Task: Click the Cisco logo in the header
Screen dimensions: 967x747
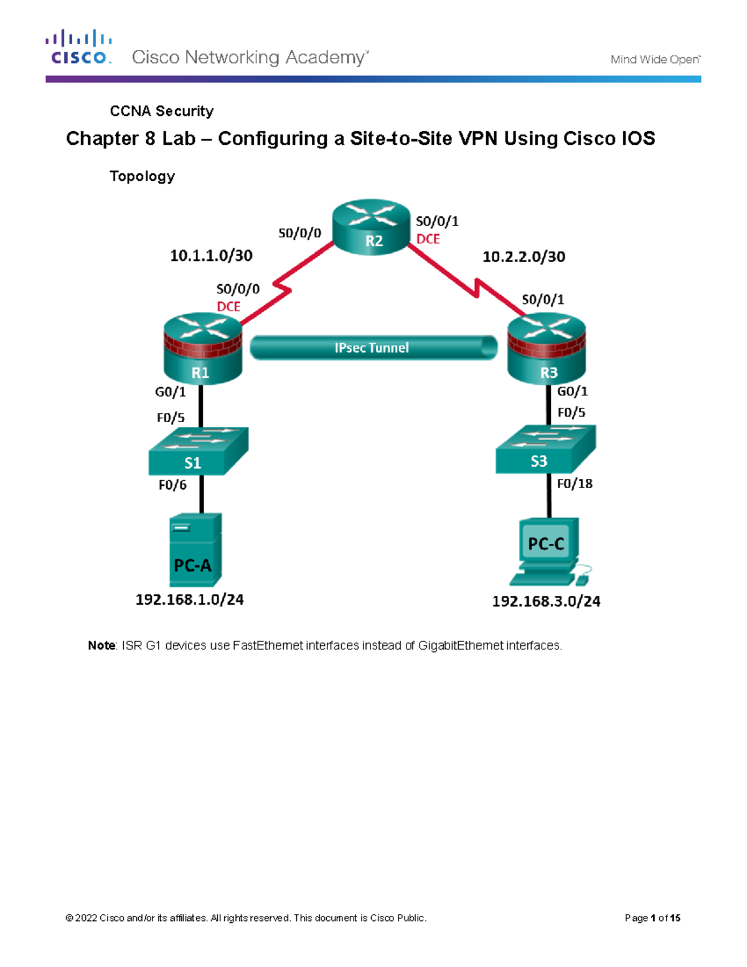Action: [78, 47]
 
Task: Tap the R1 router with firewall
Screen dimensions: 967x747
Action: [202, 349]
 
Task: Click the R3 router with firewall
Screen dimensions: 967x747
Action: [547, 349]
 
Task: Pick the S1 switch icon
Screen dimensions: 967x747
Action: [198, 451]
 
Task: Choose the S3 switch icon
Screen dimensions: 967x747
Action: [545, 450]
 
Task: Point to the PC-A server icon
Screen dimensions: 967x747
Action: [195, 550]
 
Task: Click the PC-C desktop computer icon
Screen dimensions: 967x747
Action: [547, 551]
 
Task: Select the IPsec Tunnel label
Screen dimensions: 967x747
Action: [372, 348]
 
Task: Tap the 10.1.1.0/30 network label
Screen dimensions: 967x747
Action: [211, 256]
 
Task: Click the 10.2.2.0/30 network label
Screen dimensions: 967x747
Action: [524, 257]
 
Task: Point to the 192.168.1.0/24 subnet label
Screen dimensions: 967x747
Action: [189, 600]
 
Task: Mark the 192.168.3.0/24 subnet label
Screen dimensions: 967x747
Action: [546, 601]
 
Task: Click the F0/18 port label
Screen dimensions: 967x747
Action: [575, 484]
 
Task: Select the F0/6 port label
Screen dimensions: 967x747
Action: [172, 485]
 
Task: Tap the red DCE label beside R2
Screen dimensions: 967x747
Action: [428, 239]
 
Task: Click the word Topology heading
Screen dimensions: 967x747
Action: [142, 176]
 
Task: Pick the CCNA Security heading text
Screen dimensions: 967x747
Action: [161, 111]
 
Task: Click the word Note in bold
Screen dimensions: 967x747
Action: [101, 646]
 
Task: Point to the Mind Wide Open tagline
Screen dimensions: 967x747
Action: [655, 60]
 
